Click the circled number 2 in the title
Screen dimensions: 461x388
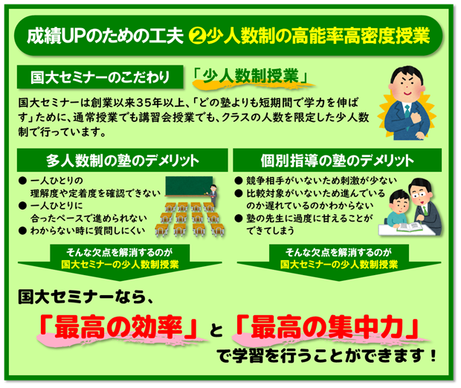pyautogui.click(x=197, y=36)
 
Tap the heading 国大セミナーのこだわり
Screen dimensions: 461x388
pyautogui.click(x=100, y=77)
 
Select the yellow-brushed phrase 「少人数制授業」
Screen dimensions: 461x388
pyautogui.click(x=251, y=76)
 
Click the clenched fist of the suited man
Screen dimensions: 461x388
pyautogui.click(x=415, y=118)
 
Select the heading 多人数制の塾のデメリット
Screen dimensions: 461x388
pyautogui.click(x=123, y=161)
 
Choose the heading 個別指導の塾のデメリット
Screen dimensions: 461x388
pyautogui.click(x=338, y=161)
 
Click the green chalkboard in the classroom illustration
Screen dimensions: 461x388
pyautogui.click(x=189, y=186)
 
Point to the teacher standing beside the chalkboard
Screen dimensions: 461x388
pyautogui.click(x=213, y=195)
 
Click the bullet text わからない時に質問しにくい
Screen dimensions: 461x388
pyautogui.click(x=88, y=230)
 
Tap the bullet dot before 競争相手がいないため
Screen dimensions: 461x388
pyautogui.click(x=239, y=181)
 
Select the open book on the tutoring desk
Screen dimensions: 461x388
pyautogui.click(x=409, y=227)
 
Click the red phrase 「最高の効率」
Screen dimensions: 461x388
pyautogui.click(x=118, y=327)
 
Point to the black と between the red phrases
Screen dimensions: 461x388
pyautogui.click(x=216, y=330)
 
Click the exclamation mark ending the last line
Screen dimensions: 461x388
pyautogui.click(x=432, y=355)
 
